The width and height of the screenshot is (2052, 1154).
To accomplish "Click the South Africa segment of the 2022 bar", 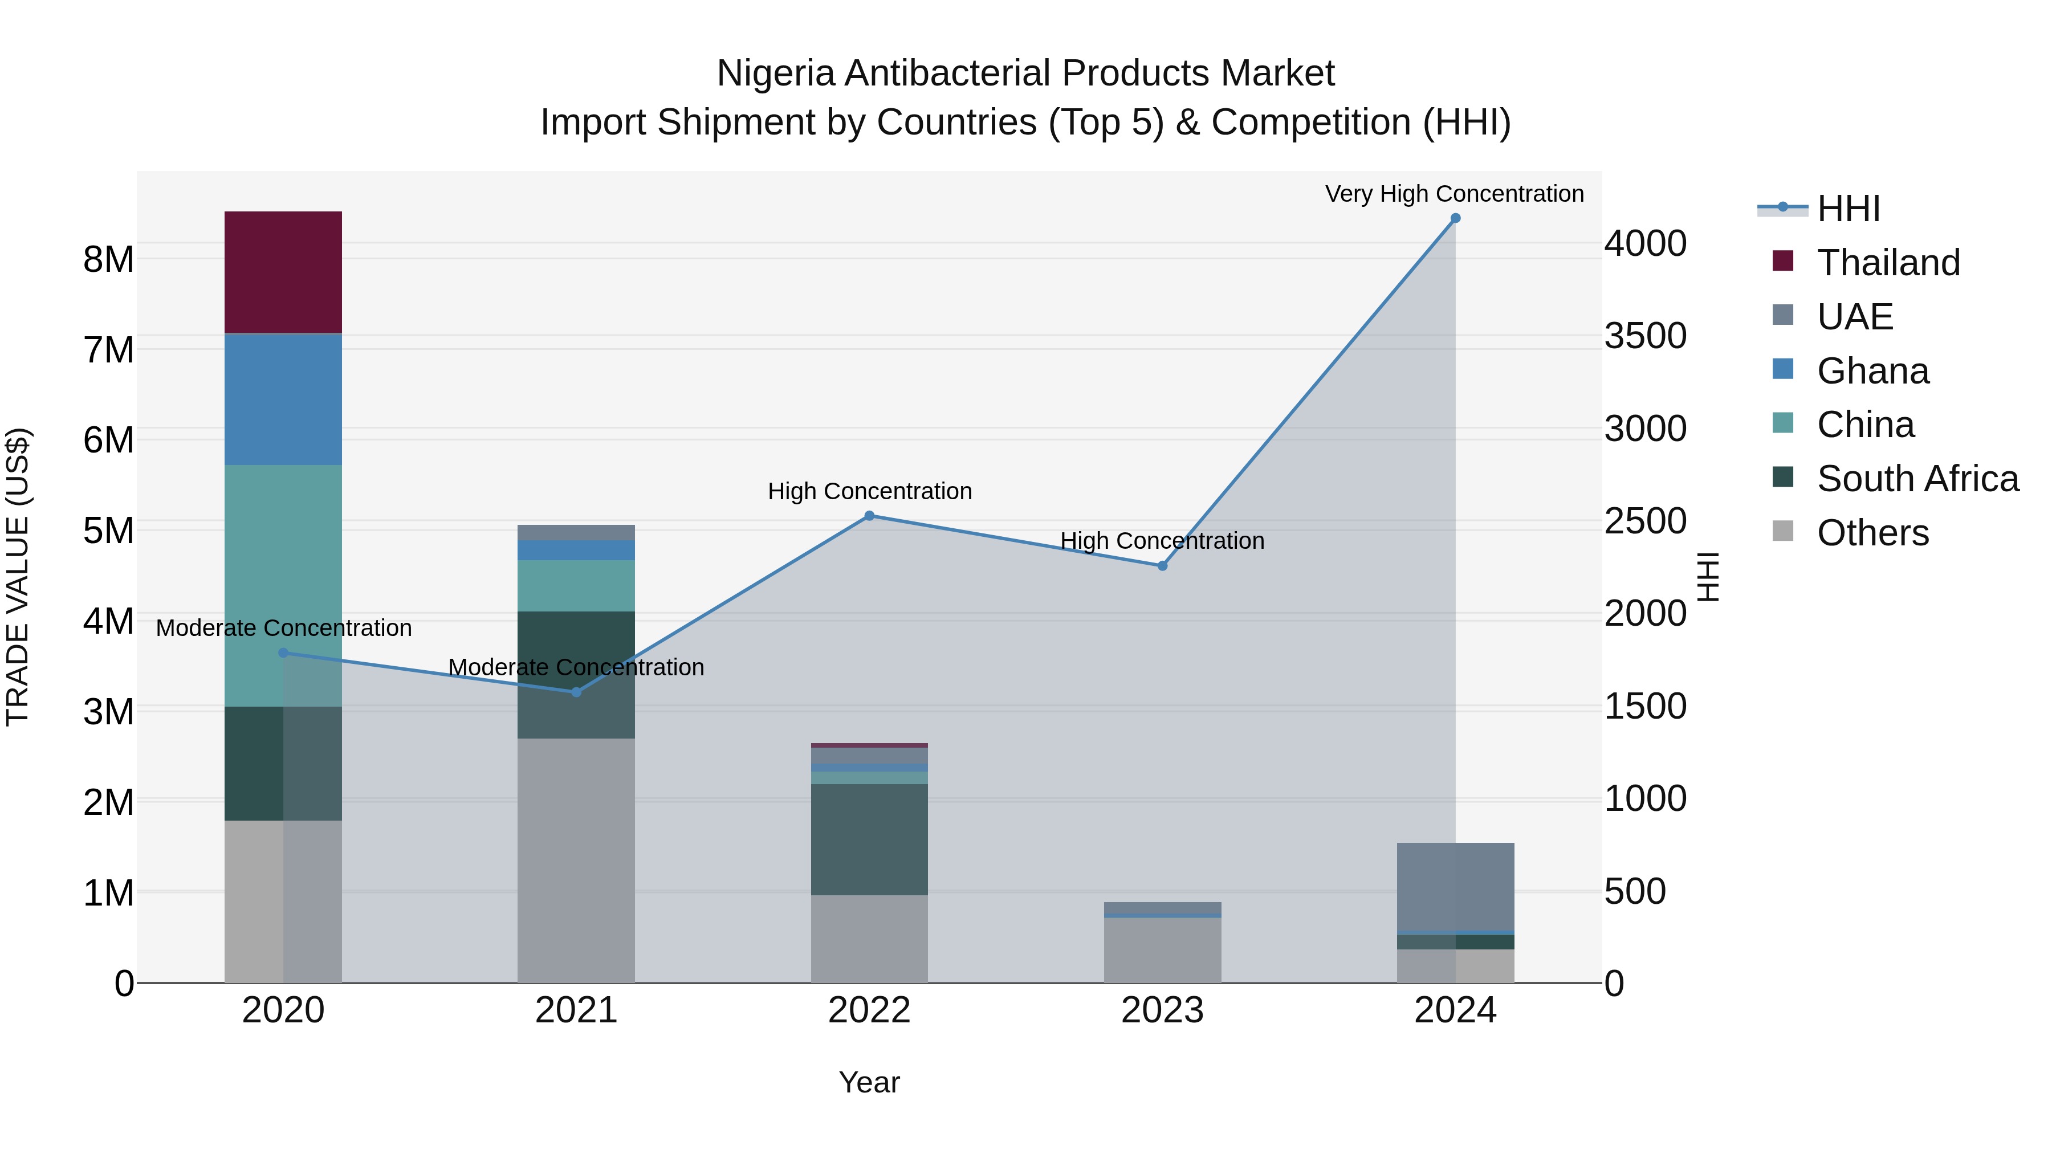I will pyautogui.click(x=869, y=839).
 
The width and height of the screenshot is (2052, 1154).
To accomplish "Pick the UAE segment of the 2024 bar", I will pyautogui.click(x=1455, y=886).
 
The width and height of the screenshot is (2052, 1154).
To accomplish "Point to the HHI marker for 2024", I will pyautogui.click(x=1455, y=218).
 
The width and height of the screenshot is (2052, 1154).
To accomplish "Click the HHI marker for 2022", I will pyautogui.click(x=869, y=516).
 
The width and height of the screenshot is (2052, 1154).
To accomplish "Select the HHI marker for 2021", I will pyautogui.click(x=576, y=692).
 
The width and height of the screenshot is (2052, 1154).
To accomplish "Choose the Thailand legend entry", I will pyautogui.click(x=1888, y=263).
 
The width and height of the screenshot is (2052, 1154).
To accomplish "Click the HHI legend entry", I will pyautogui.click(x=1848, y=209).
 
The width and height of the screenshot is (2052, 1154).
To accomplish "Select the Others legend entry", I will pyautogui.click(x=1872, y=533).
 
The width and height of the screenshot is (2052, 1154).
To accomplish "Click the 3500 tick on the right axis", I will pyautogui.click(x=1645, y=336).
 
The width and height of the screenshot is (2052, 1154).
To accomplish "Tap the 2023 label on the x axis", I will pyautogui.click(x=1162, y=1010).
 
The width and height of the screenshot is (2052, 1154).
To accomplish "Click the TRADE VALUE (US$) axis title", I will pyautogui.click(x=18, y=577).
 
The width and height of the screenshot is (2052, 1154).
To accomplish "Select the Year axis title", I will pyautogui.click(x=869, y=1082).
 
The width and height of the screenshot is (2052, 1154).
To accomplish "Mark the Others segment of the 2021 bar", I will pyautogui.click(x=576, y=860).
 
